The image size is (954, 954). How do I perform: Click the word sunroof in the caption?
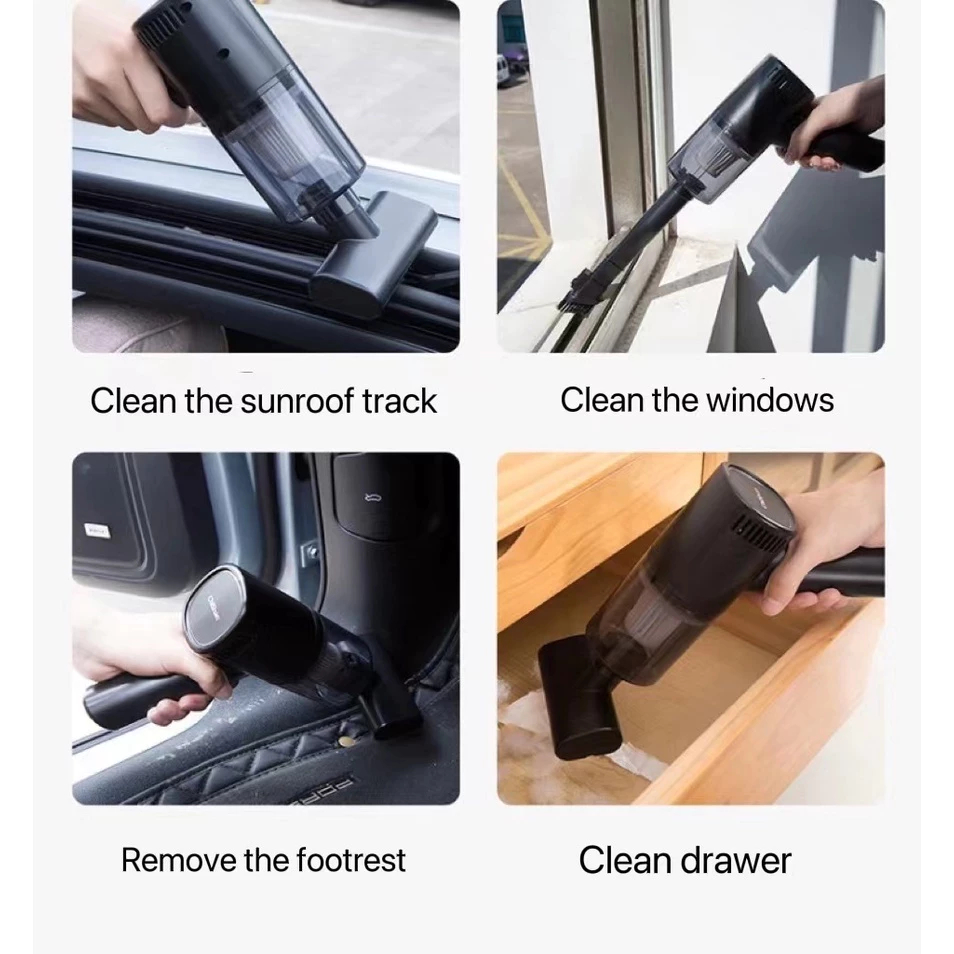297,402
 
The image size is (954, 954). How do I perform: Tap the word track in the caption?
399,402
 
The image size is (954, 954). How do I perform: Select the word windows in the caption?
770,400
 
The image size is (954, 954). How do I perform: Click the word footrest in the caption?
350,860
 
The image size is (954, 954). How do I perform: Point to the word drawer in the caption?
735,860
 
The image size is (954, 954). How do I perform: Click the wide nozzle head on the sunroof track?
374,253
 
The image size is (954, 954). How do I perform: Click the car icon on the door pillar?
372,499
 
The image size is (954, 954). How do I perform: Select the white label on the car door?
97,530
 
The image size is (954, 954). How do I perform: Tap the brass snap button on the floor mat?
346,742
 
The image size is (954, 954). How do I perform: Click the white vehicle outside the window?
502,72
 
